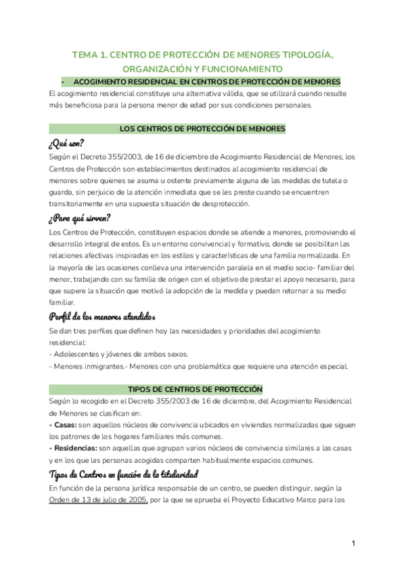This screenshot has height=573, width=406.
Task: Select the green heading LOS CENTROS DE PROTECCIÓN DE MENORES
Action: pos(202,128)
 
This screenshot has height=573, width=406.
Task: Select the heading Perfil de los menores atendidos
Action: pos(102,317)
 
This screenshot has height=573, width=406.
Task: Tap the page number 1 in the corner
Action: pos(354,543)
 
